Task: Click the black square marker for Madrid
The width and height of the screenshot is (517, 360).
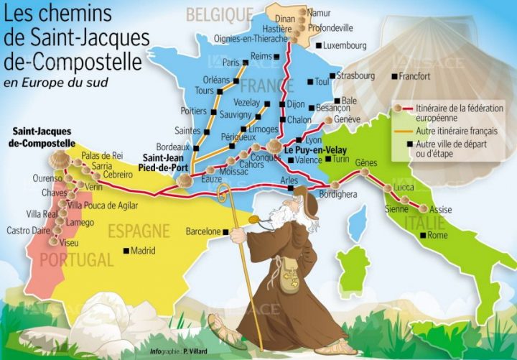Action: (x=126, y=251)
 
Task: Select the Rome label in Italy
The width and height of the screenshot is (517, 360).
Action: (x=437, y=235)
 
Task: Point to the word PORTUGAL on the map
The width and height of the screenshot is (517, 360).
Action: (x=76, y=259)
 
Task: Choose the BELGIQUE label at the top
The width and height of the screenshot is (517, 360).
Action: (x=220, y=14)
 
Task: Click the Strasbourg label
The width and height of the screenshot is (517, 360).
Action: (x=355, y=75)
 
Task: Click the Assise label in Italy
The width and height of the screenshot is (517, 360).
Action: (x=440, y=209)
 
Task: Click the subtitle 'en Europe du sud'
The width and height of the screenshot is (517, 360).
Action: (x=55, y=82)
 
